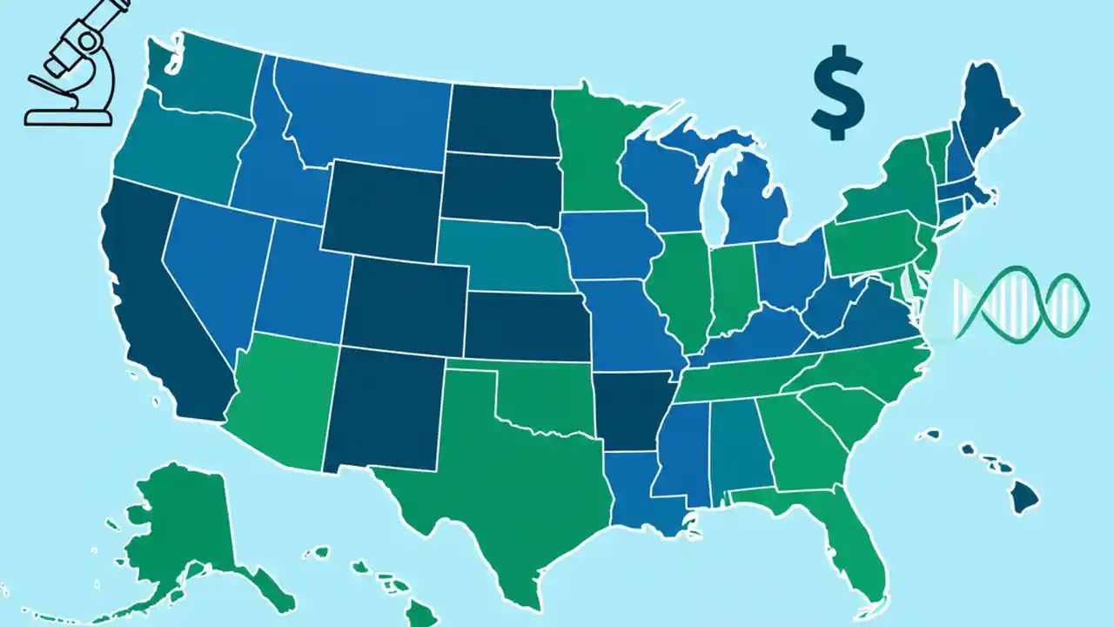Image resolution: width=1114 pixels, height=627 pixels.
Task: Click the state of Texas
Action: pyautogui.click(x=505, y=470)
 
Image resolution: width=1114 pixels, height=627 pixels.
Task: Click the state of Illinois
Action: pyautogui.click(x=679, y=292)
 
